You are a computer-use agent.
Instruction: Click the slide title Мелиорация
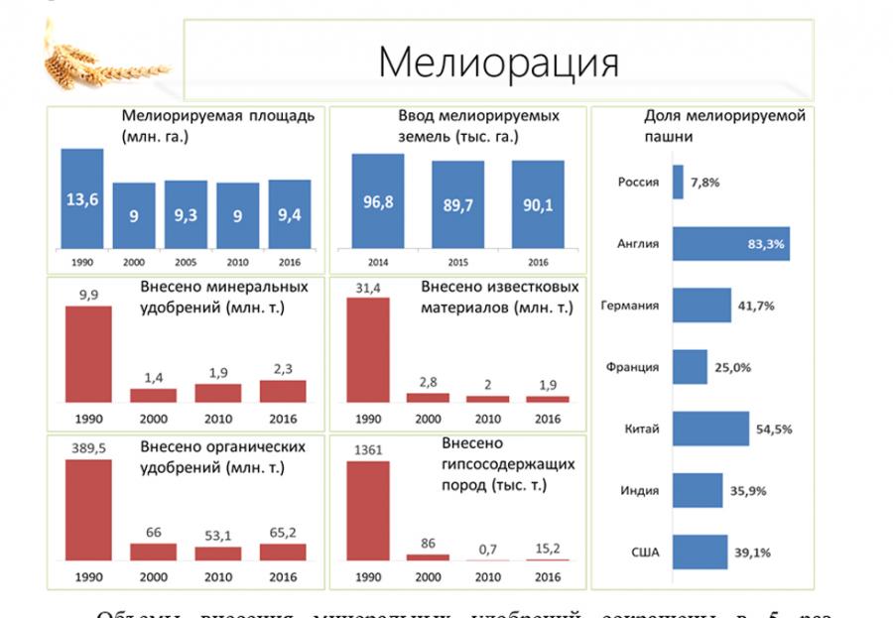[x=498, y=62]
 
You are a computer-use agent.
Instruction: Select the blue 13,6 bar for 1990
[x=82, y=198]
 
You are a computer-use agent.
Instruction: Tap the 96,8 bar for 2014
[x=378, y=201]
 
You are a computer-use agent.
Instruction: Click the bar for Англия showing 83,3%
[x=731, y=243]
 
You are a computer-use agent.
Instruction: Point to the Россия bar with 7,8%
[x=678, y=183]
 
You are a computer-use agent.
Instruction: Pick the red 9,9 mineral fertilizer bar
[x=88, y=353]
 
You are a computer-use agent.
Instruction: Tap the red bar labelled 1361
[x=367, y=510]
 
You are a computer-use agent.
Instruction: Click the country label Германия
[x=629, y=306]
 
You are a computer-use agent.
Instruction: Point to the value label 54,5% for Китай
[x=774, y=430]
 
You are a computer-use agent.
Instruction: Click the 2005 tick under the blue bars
[x=186, y=263]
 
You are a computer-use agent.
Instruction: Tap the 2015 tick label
[x=457, y=263]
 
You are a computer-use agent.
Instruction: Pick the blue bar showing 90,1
[x=539, y=204]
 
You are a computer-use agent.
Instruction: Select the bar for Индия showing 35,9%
[x=698, y=490]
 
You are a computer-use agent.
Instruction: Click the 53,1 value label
[x=217, y=537]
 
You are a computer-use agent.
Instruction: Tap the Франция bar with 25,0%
[x=690, y=367]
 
